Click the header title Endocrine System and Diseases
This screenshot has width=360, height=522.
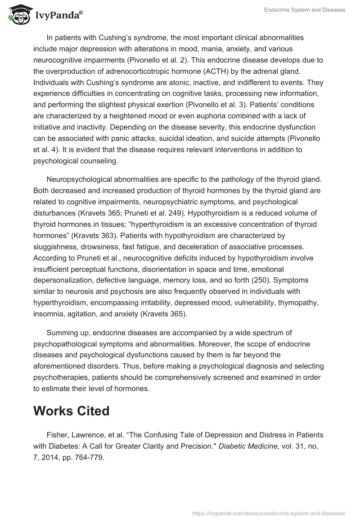[304, 10]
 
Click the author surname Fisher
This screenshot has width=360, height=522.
[56, 435]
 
